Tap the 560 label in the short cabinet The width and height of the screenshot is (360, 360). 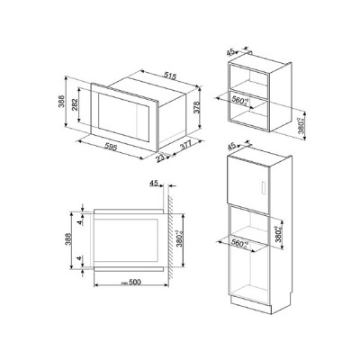tap(242, 101)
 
